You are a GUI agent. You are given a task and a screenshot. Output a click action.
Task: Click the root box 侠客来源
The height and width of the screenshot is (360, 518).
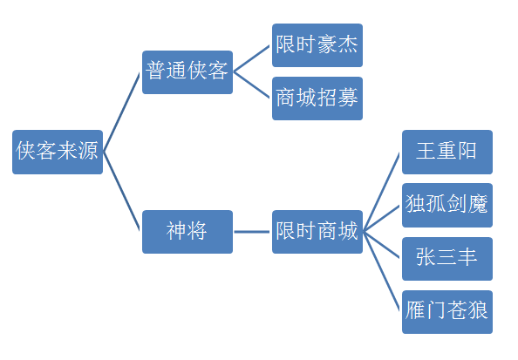click(x=58, y=152)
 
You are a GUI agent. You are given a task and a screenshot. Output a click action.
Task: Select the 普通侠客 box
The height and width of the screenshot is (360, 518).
click(x=187, y=72)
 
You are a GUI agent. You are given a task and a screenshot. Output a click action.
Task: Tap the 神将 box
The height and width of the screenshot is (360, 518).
click(x=187, y=232)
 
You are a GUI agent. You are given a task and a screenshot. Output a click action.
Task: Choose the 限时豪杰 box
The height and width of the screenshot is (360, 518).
click(x=317, y=45)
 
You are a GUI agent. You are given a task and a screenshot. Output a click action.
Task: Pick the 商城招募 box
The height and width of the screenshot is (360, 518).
click(x=317, y=98)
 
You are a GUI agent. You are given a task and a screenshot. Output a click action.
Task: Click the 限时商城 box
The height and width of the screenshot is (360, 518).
click(x=317, y=232)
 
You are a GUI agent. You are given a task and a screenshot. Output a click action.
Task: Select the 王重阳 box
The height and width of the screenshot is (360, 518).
click(x=447, y=152)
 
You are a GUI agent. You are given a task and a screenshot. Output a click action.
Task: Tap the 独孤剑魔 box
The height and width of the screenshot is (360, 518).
click(x=447, y=205)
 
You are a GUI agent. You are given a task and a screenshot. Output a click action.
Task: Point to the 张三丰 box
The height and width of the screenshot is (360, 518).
click(x=447, y=259)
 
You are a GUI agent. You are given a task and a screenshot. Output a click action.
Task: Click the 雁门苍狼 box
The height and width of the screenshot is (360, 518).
click(x=447, y=312)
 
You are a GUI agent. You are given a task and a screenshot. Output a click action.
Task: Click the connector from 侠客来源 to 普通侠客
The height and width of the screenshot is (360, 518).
click(x=121, y=112)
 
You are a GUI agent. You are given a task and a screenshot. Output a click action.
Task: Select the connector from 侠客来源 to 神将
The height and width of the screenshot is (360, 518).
click(x=121, y=191)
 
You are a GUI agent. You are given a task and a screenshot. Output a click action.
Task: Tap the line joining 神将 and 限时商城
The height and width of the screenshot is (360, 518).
click(x=252, y=232)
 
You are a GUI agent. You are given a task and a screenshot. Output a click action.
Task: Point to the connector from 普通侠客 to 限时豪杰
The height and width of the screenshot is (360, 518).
click(x=252, y=58)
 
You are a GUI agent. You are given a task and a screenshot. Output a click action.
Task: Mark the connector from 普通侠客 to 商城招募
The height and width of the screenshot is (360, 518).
click(x=252, y=85)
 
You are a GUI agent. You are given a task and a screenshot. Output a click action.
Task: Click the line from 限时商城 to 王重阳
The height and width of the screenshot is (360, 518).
click(x=382, y=192)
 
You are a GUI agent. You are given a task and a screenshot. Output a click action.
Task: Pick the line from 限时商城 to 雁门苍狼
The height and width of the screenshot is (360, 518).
click(x=382, y=271)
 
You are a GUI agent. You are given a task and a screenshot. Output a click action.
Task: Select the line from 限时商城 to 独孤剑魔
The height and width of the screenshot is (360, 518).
click(x=382, y=218)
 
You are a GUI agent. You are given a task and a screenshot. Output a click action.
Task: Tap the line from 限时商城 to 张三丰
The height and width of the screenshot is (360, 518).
click(x=382, y=245)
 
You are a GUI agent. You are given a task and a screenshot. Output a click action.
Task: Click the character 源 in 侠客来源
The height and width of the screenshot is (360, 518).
click(x=88, y=151)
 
